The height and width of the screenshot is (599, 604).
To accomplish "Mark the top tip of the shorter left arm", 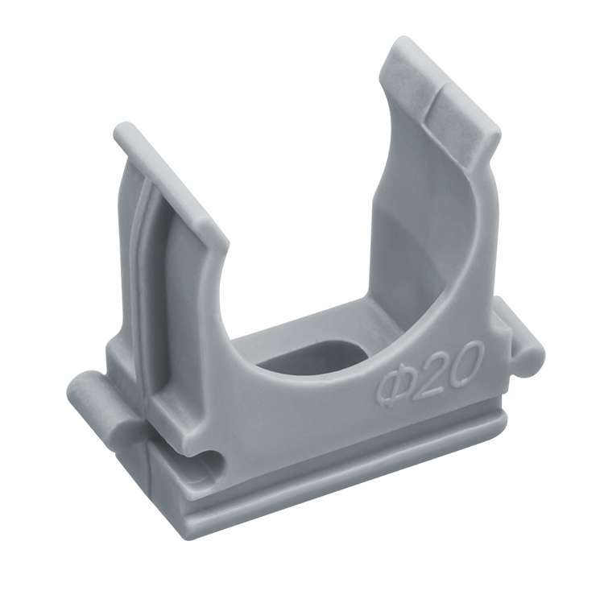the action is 124,131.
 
